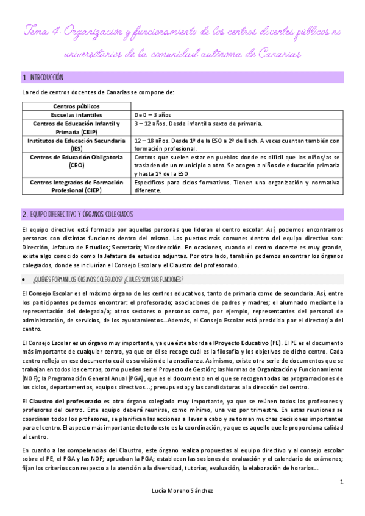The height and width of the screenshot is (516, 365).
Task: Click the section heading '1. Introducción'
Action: coord(43,78)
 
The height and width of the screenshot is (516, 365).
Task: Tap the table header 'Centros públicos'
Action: coord(76,106)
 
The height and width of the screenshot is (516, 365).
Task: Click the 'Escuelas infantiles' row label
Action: coord(76,114)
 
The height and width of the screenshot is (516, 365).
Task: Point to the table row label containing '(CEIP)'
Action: coord(76,127)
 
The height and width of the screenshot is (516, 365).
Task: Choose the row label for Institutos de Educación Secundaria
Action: coord(76,144)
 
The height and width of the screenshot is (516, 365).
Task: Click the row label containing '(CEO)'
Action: coord(76,161)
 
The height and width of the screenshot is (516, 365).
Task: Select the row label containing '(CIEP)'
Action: coord(76,186)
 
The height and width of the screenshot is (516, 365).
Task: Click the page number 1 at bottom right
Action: coord(342,483)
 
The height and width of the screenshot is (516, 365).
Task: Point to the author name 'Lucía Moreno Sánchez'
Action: coord(183,490)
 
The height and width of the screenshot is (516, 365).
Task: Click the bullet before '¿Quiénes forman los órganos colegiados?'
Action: coord(24,262)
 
